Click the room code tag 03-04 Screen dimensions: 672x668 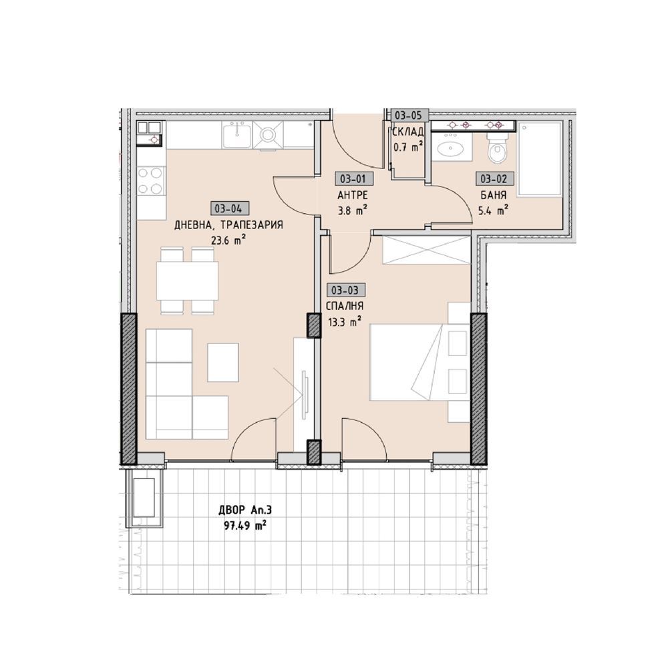(229, 208)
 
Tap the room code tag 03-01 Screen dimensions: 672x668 (353, 178)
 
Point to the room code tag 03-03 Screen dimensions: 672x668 (345, 291)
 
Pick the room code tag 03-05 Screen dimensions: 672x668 (409, 116)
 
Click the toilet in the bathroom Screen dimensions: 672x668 (498, 148)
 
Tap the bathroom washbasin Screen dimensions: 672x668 (450, 149)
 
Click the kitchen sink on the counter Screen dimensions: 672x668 (236, 134)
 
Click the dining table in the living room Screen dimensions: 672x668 (187, 281)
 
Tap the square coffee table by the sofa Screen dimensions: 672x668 (223, 363)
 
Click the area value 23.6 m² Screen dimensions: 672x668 (228, 240)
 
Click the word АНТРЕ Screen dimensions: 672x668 (353, 195)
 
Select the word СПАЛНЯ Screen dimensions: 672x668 (345, 306)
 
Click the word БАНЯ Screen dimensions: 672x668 (493, 195)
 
